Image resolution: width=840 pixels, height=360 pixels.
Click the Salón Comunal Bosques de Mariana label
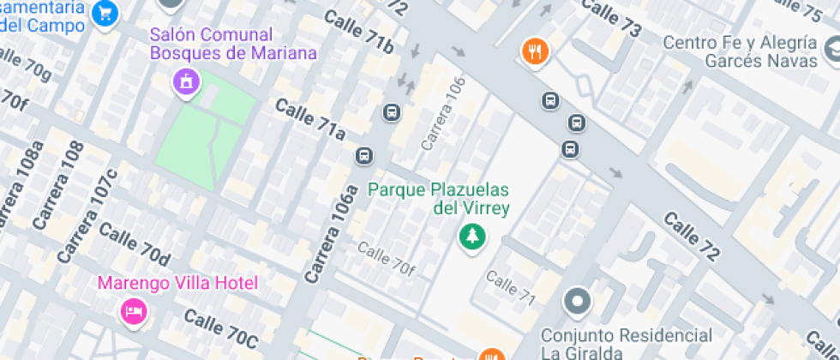click(233, 45)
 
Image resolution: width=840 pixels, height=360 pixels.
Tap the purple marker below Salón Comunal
click(184, 82)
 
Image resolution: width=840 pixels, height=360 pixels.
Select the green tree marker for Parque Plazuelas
click(470, 236)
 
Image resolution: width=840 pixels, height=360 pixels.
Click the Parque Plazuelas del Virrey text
click(439, 198)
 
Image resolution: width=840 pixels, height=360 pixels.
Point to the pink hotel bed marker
click(133, 310)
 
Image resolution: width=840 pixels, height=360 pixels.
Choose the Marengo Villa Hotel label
click(177, 283)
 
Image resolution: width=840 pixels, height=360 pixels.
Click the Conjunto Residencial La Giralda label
click(626, 342)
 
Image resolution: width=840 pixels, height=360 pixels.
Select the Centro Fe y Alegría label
click(749, 51)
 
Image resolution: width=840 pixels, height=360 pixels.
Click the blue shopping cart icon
click(105, 13)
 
